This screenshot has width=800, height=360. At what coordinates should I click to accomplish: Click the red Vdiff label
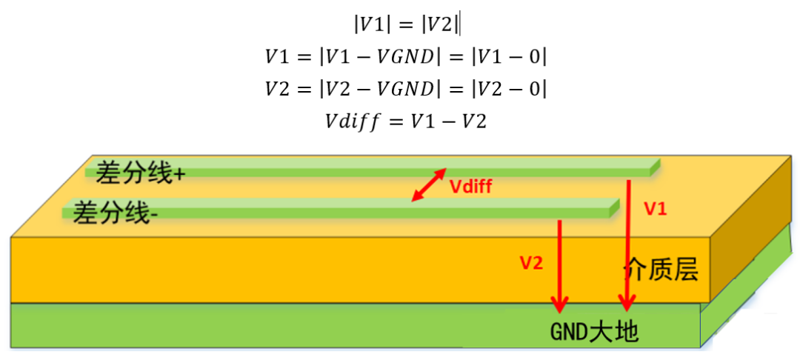pyautogui.click(x=471, y=187)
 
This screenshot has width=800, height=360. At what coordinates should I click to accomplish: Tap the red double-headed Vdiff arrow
pyautogui.click(x=429, y=184)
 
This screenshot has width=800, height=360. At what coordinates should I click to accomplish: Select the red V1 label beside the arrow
pyautogui.click(x=656, y=210)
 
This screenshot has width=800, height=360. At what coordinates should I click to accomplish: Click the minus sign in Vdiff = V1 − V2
pyautogui.click(x=448, y=121)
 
